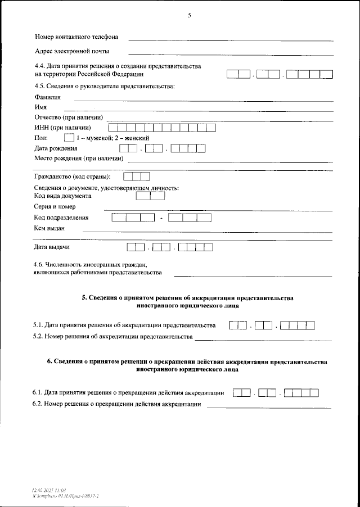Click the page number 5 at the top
tap(189, 15)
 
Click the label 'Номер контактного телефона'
tap(76, 37)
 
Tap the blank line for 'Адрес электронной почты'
tap(231, 54)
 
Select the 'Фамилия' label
tap(48, 97)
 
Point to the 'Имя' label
tap(40, 107)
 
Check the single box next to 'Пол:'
tap(69, 138)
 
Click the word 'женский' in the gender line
tap(137, 138)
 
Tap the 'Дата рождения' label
tap(56, 148)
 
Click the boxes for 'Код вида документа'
tap(150, 196)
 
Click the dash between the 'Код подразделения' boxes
tap(161, 218)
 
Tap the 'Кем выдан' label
tap(49, 228)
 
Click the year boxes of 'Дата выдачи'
tap(199, 247)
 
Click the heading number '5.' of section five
tap(84, 297)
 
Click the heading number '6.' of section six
tap(49, 362)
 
